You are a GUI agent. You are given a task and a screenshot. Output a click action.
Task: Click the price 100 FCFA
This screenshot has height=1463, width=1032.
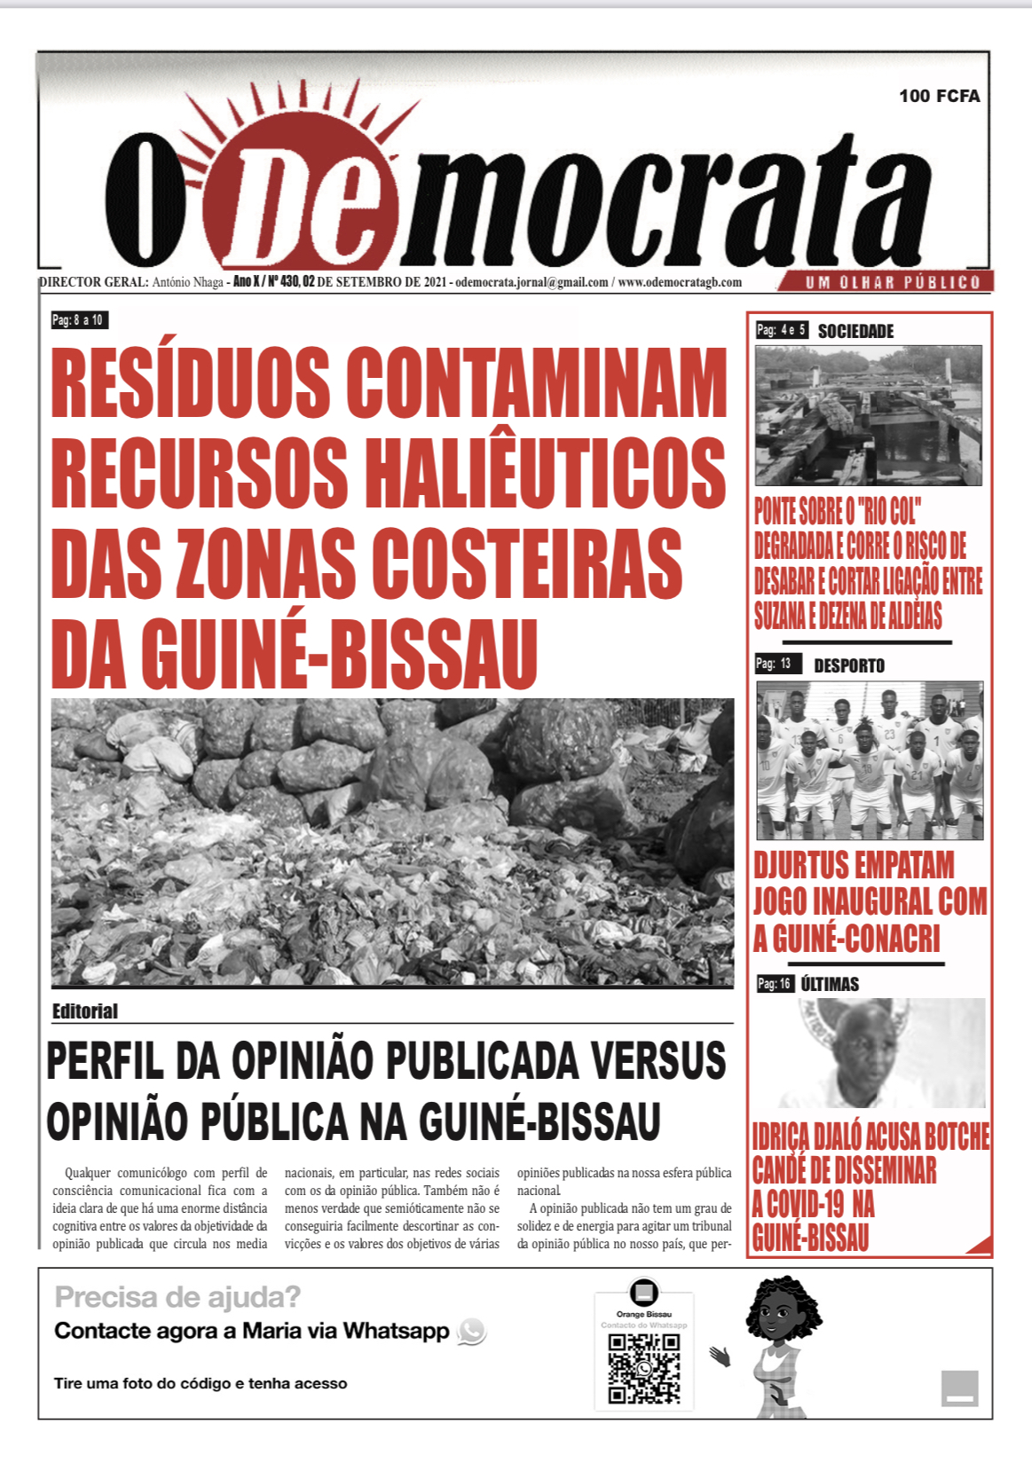[x=939, y=96]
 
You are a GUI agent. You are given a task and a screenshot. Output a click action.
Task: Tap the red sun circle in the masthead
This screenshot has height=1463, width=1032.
[x=302, y=191]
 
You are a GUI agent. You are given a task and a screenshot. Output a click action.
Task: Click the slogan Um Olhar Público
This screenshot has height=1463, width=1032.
[x=892, y=283]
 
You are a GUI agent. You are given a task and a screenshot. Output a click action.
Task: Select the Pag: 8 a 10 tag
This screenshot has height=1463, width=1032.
[x=79, y=320]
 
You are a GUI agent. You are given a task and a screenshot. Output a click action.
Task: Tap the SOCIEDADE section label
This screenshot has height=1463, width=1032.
[x=855, y=331]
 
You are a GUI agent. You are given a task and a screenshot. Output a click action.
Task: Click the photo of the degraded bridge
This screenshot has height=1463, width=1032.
[x=868, y=415]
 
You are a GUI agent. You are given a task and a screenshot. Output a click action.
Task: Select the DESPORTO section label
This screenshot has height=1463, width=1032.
[x=849, y=665]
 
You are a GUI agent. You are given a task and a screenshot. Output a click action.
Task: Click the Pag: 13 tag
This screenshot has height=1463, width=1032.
[x=775, y=664]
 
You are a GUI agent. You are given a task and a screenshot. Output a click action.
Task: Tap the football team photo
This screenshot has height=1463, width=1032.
[x=870, y=760]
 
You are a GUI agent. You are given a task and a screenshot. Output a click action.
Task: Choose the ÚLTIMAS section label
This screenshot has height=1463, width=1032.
[x=830, y=984]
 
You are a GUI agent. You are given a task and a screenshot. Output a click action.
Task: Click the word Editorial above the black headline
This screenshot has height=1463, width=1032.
[x=85, y=1011]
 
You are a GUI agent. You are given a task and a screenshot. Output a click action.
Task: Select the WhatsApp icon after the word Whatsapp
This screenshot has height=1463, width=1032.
[x=471, y=1331]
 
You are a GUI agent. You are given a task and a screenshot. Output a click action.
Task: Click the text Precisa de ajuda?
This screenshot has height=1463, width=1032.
[x=177, y=1297]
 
